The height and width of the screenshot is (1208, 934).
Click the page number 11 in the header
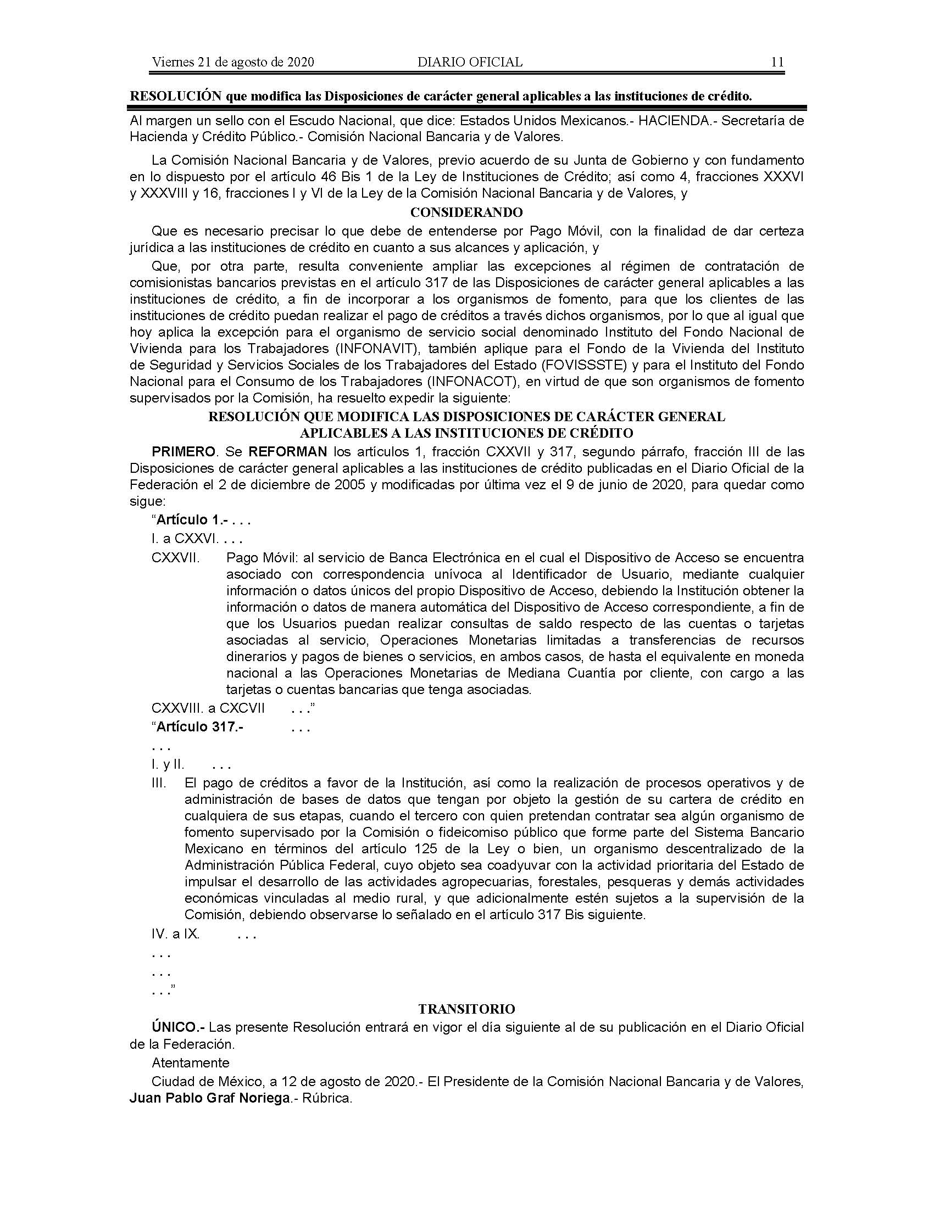pyautogui.click(x=777, y=62)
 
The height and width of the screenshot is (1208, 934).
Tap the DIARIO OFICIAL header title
pyautogui.click(x=470, y=62)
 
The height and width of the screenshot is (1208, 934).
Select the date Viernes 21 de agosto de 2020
pyautogui.click(x=233, y=62)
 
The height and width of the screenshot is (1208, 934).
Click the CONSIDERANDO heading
pyautogui.click(x=466, y=212)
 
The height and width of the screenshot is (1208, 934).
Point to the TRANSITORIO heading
pyautogui.click(x=466, y=1009)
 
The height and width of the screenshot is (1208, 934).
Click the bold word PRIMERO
pyautogui.click(x=183, y=452)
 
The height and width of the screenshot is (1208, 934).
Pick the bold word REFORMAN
pyautogui.click(x=288, y=452)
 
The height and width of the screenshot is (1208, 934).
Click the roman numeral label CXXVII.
pyautogui.click(x=175, y=557)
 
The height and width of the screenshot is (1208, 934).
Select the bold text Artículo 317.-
pyautogui.click(x=200, y=727)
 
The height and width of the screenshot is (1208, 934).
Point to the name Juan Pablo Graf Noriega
pyautogui.click(x=210, y=1098)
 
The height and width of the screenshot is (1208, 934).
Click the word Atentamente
pyautogui.click(x=190, y=1062)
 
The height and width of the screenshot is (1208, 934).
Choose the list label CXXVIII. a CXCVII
pyautogui.click(x=208, y=708)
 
